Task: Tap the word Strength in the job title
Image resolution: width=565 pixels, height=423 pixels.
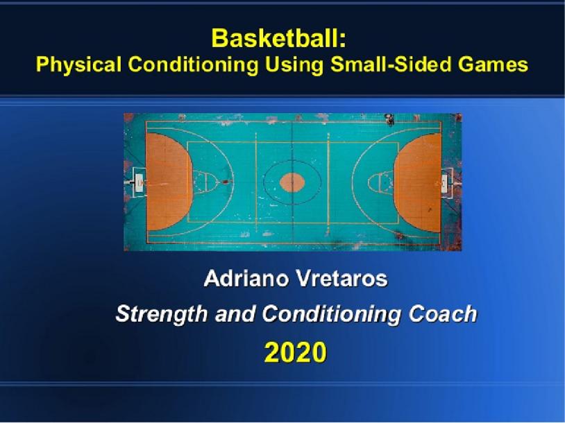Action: coord(155,315)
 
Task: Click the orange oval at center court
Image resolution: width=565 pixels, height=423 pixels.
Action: coord(292,183)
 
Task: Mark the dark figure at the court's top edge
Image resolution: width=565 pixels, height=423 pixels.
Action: coord(390,121)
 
